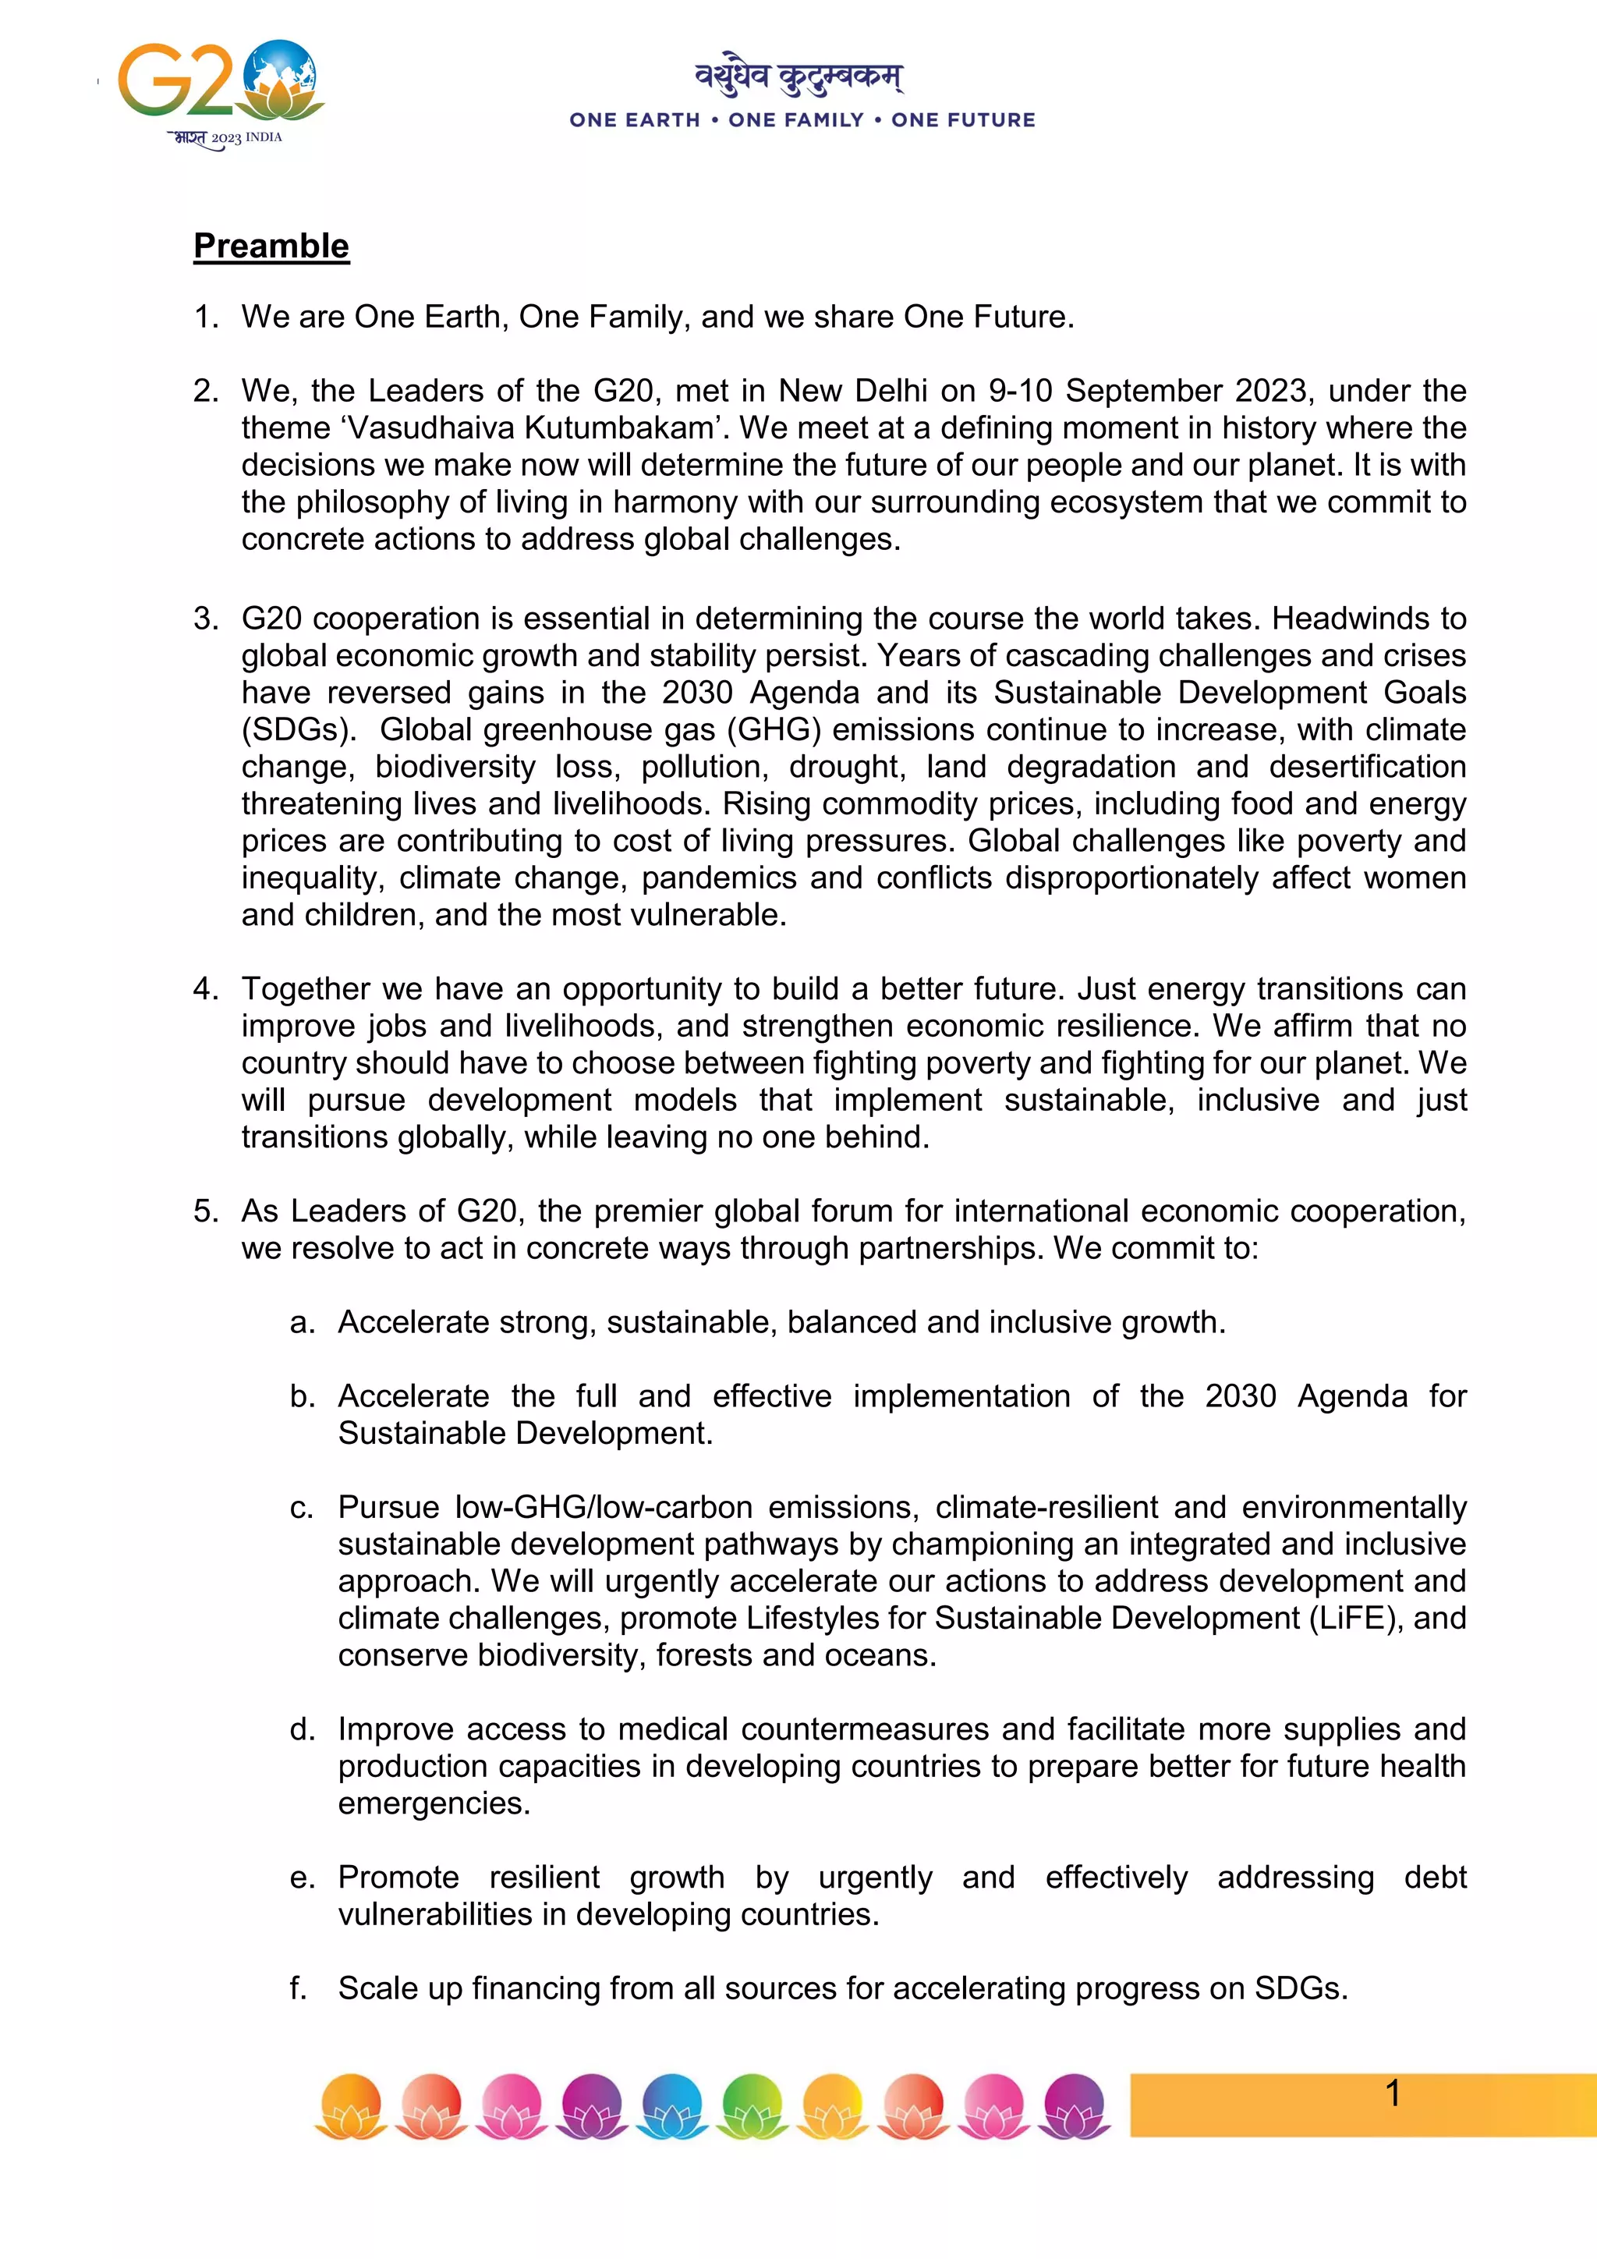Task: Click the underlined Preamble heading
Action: coord(271,246)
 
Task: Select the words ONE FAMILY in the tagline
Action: coord(795,120)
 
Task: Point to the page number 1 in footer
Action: coord(1393,2093)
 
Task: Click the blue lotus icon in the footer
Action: coord(673,2105)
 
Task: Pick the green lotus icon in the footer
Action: coord(753,2105)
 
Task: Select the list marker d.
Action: coord(302,1729)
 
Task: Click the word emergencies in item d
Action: coord(434,1803)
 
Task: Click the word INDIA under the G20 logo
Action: coord(264,138)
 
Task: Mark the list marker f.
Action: coord(298,1988)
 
